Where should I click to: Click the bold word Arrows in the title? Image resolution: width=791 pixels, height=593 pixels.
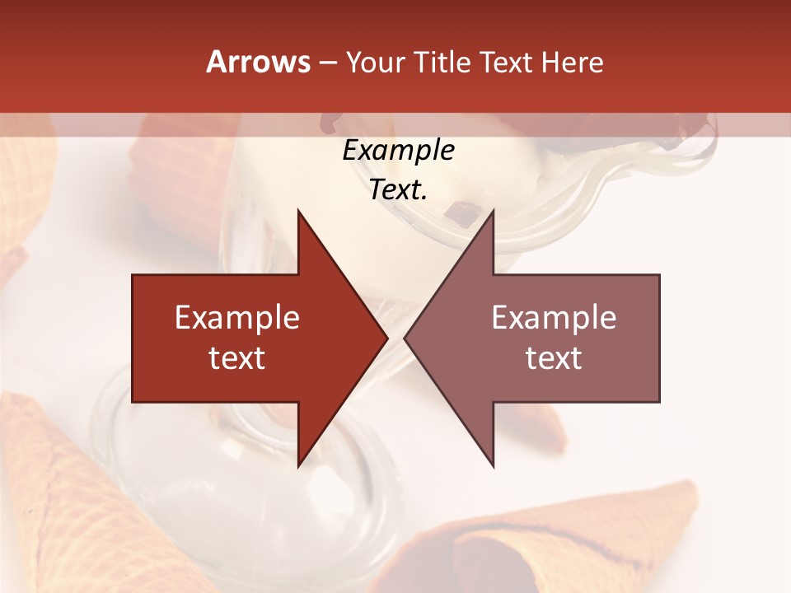[x=259, y=62]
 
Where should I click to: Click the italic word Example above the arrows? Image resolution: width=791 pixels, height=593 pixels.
[x=398, y=150]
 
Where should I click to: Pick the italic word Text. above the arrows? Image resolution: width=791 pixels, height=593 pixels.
[x=398, y=189]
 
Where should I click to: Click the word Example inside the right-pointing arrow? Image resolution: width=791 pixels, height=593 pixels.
[x=237, y=318]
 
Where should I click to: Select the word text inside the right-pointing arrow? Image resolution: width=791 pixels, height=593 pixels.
[x=237, y=358]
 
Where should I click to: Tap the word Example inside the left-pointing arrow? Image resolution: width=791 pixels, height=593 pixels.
[x=554, y=318]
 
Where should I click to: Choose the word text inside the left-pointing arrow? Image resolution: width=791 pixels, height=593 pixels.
[x=554, y=358]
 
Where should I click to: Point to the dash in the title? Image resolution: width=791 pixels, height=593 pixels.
[x=327, y=63]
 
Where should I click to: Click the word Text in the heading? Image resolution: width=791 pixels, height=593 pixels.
[x=507, y=63]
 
